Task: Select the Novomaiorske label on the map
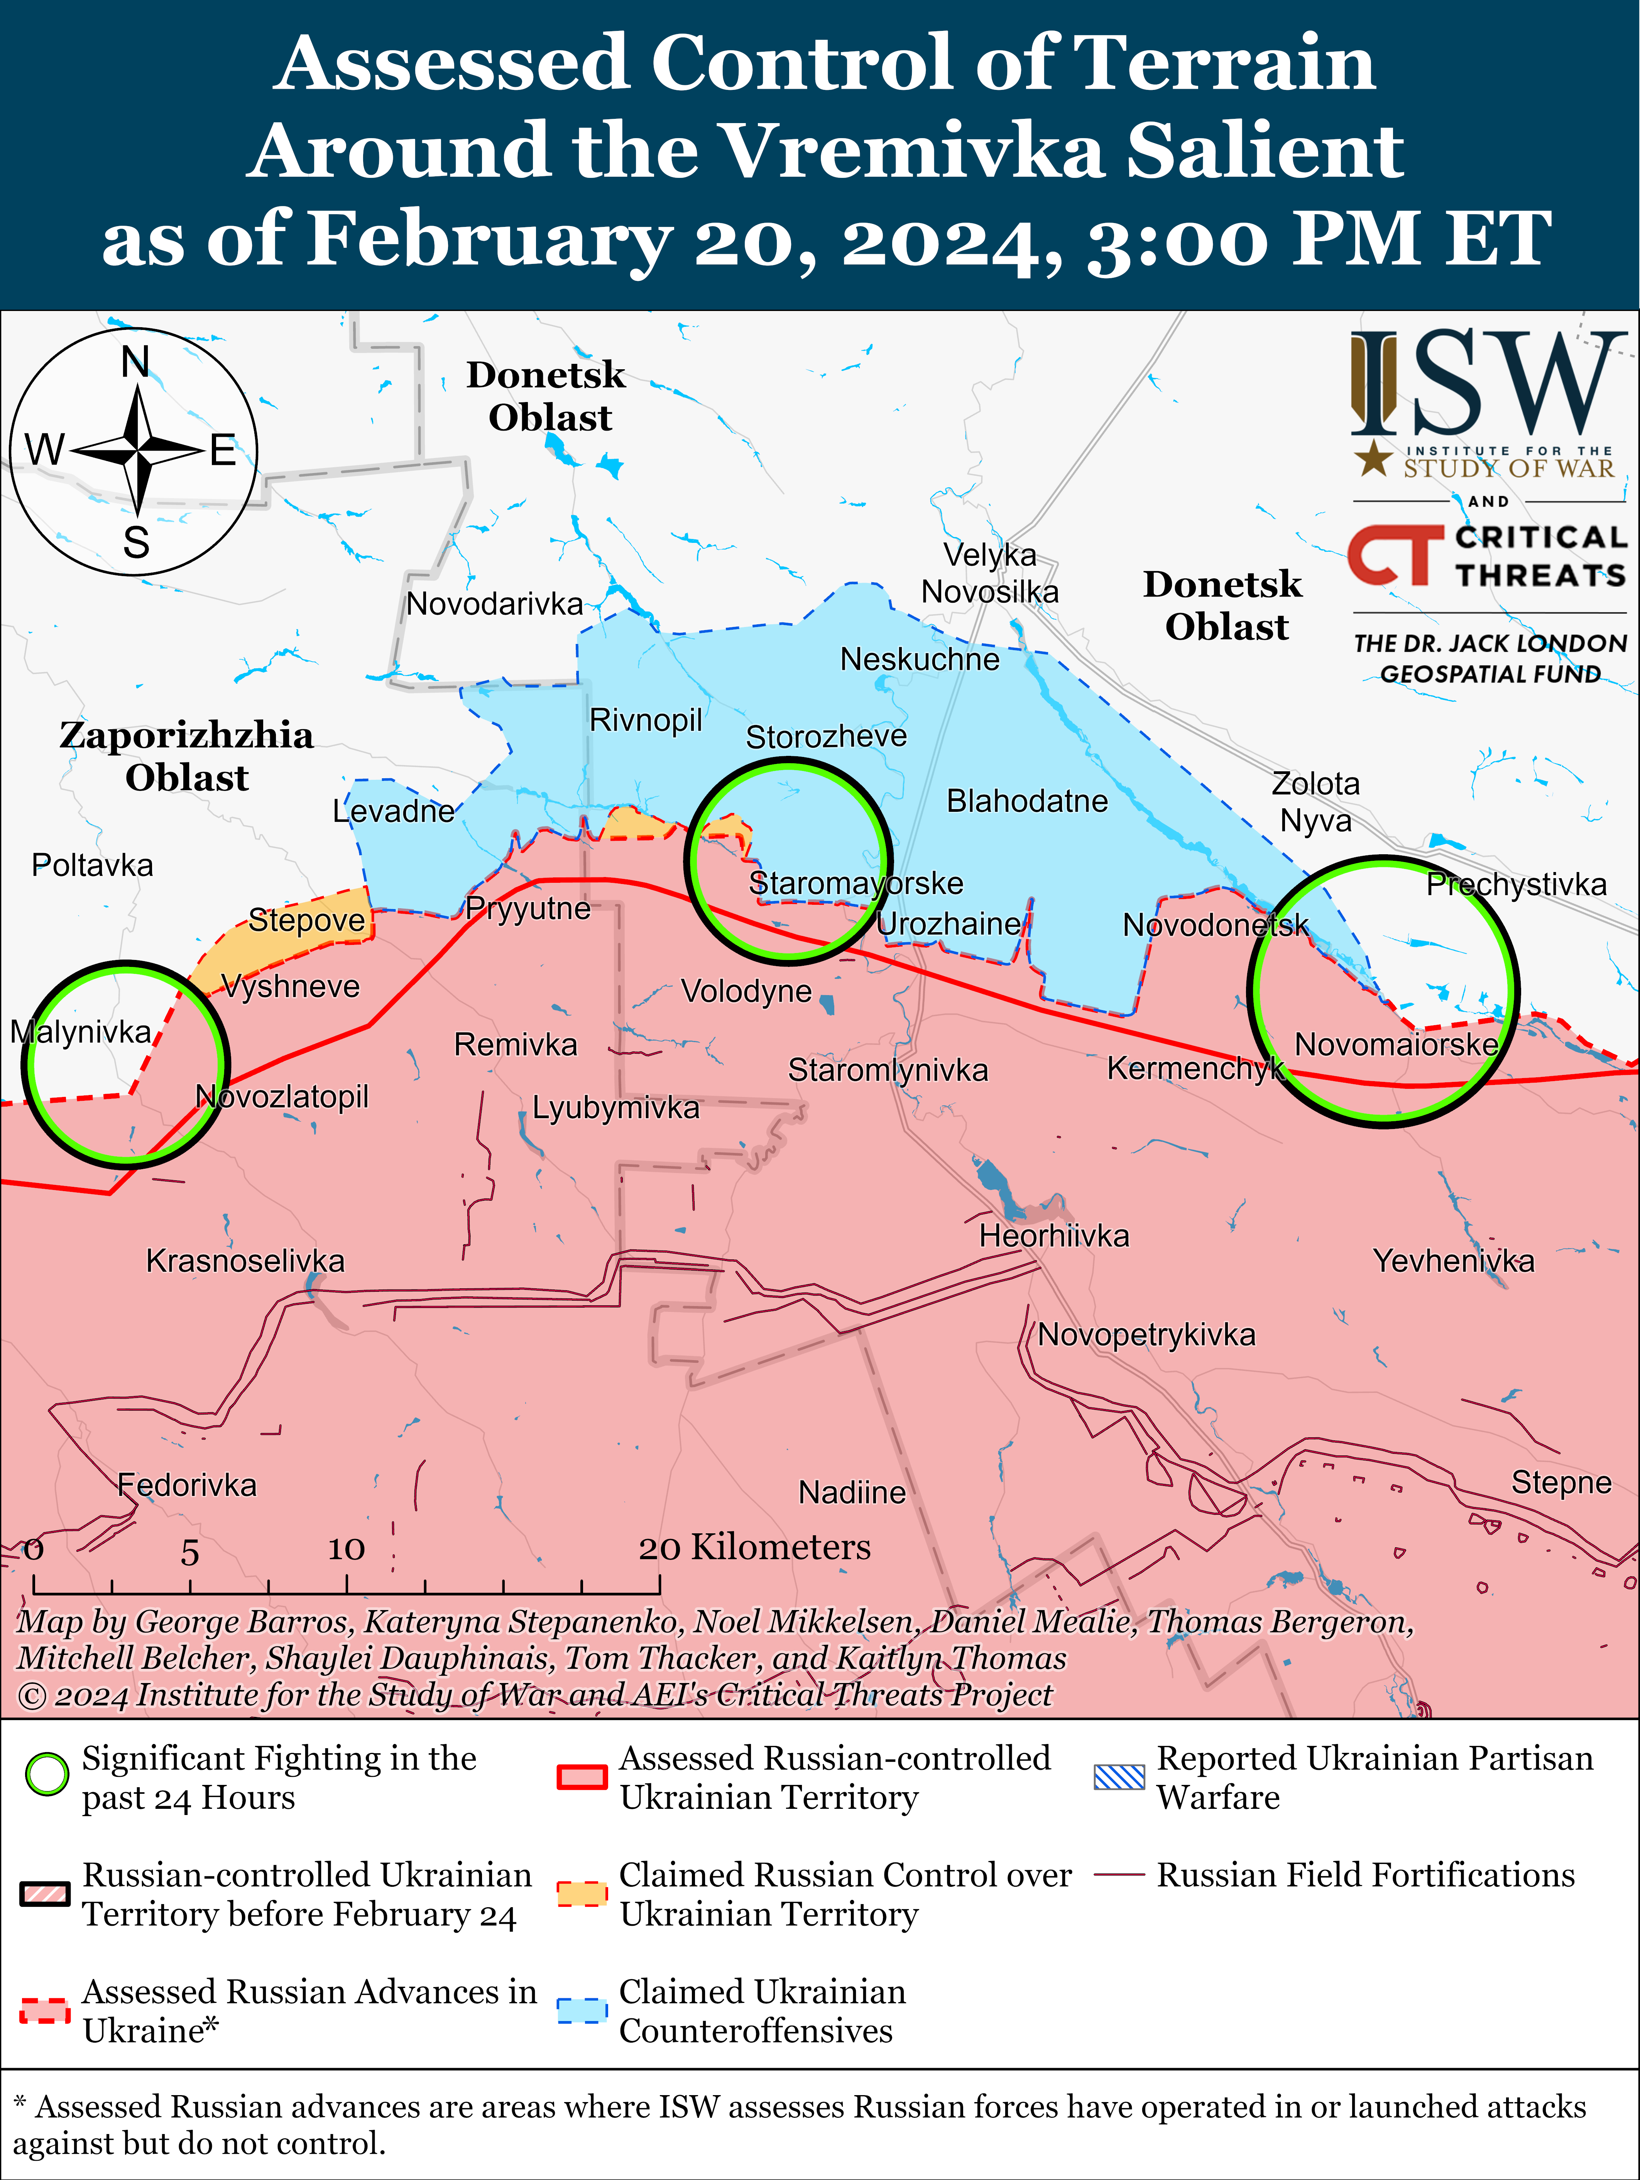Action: (1396, 1044)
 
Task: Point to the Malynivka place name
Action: (81, 1032)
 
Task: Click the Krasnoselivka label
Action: (245, 1261)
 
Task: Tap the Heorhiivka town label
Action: (1053, 1236)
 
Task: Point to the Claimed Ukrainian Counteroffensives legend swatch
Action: (582, 2011)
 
